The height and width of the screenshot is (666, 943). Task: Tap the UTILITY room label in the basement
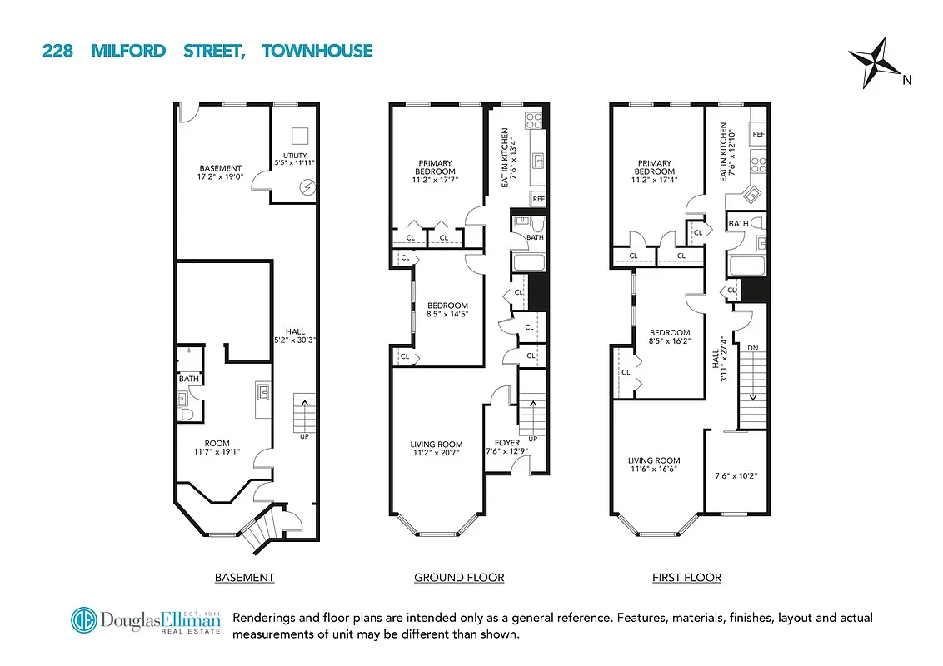295,159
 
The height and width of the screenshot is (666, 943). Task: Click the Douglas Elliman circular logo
83,621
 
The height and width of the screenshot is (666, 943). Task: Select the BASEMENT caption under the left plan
244,577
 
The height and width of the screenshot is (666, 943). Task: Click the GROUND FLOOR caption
459,577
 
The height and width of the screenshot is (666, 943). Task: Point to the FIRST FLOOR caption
686,577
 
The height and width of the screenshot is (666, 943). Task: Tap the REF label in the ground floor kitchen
538,199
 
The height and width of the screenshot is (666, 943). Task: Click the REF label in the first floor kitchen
758,134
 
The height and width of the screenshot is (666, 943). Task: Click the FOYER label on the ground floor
506,443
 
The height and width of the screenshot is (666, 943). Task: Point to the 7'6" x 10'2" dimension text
736,477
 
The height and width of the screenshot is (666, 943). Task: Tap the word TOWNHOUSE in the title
317,52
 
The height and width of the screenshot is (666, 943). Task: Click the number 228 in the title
57,52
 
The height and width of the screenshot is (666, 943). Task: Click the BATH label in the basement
189,380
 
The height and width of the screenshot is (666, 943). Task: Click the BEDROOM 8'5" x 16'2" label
670,336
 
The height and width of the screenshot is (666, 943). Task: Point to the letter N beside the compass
907,80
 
